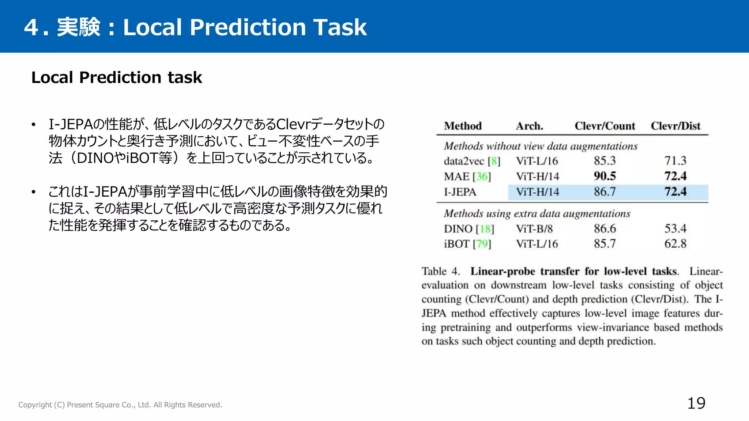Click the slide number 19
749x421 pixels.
tap(696, 403)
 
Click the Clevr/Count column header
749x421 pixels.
tap(605, 126)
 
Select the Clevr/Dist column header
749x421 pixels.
tap(675, 126)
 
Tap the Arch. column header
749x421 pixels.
tap(529, 126)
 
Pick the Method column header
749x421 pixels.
tap(463, 126)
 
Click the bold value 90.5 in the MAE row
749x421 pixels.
tap(605, 176)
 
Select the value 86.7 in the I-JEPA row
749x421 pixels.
tap(605, 191)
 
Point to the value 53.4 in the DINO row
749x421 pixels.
tap(675, 228)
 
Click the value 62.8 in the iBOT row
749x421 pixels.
tap(675, 243)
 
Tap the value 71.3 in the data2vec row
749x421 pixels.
tap(675, 160)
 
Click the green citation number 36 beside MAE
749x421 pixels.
tap(482, 177)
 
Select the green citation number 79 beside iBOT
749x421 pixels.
tap(482, 244)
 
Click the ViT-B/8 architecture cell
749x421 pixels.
tap(534, 228)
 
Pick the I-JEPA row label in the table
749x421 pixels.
tap(460, 192)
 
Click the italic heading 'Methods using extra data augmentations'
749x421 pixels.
tap(537, 213)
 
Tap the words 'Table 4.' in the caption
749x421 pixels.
tap(440, 271)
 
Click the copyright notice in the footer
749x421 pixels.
tap(120, 405)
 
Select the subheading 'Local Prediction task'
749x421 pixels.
tap(116, 77)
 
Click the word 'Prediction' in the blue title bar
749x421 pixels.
tap(248, 27)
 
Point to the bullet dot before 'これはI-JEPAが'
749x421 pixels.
tap(34, 192)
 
